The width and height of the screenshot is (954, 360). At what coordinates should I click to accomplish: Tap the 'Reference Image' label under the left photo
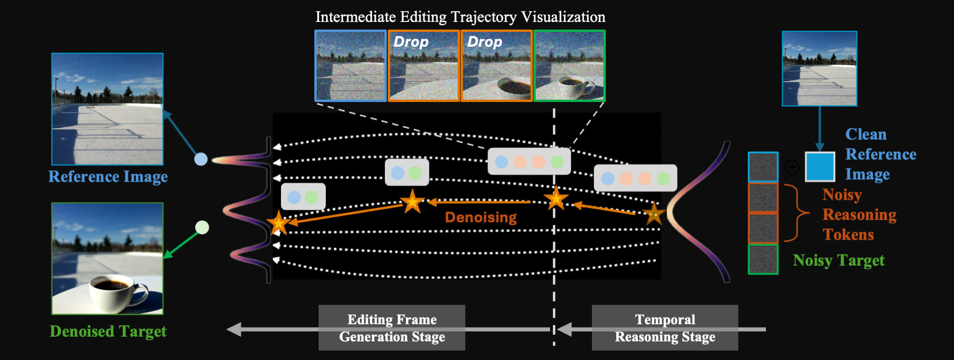[108, 176]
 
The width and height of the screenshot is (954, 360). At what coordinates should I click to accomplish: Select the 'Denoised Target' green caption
[108, 331]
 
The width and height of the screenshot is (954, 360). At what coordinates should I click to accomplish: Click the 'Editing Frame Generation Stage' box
[392, 328]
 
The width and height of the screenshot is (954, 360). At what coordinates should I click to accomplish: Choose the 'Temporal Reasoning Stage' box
[665, 328]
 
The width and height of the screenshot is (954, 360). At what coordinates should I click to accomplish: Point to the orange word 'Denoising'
[481, 217]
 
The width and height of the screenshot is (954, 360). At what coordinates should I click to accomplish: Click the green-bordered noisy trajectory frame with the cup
[570, 66]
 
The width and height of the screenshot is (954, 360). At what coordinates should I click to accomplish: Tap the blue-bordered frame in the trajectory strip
[351, 66]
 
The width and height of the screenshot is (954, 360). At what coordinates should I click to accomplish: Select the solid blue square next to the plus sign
[820, 167]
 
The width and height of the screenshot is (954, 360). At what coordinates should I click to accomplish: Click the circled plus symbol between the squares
[792, 167]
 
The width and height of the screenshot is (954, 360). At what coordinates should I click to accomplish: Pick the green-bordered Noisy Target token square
[763, 259]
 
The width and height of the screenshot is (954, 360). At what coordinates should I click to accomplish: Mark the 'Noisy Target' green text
[839, 260]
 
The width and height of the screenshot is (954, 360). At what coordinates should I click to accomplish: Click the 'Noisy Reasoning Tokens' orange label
[859, 215]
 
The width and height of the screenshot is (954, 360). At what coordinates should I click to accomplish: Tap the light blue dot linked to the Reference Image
[201, 159]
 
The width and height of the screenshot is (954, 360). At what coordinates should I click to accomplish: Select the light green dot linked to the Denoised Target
[202, 227]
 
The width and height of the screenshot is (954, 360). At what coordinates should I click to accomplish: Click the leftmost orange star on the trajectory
[278, 223]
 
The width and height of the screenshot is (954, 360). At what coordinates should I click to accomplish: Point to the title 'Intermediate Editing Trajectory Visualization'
[460, 17]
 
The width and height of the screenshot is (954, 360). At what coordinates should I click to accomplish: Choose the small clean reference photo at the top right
[819, 69]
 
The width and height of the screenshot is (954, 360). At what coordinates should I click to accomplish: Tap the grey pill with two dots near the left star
[303, 196]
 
